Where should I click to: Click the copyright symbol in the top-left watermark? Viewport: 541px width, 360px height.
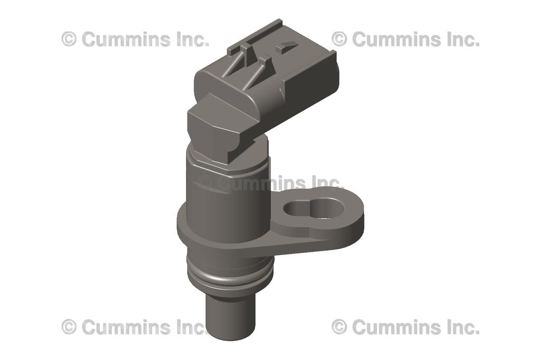pos(69,39)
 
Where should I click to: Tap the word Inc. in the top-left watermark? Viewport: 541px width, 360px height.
pos(193,39)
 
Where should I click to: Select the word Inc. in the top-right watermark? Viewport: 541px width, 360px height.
pos(463,39)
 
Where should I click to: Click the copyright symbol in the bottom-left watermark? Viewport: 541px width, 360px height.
pos(69,327)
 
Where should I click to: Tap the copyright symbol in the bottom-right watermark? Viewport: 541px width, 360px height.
pos(339,327)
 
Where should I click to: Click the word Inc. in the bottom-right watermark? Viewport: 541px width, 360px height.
pos(463,327)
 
